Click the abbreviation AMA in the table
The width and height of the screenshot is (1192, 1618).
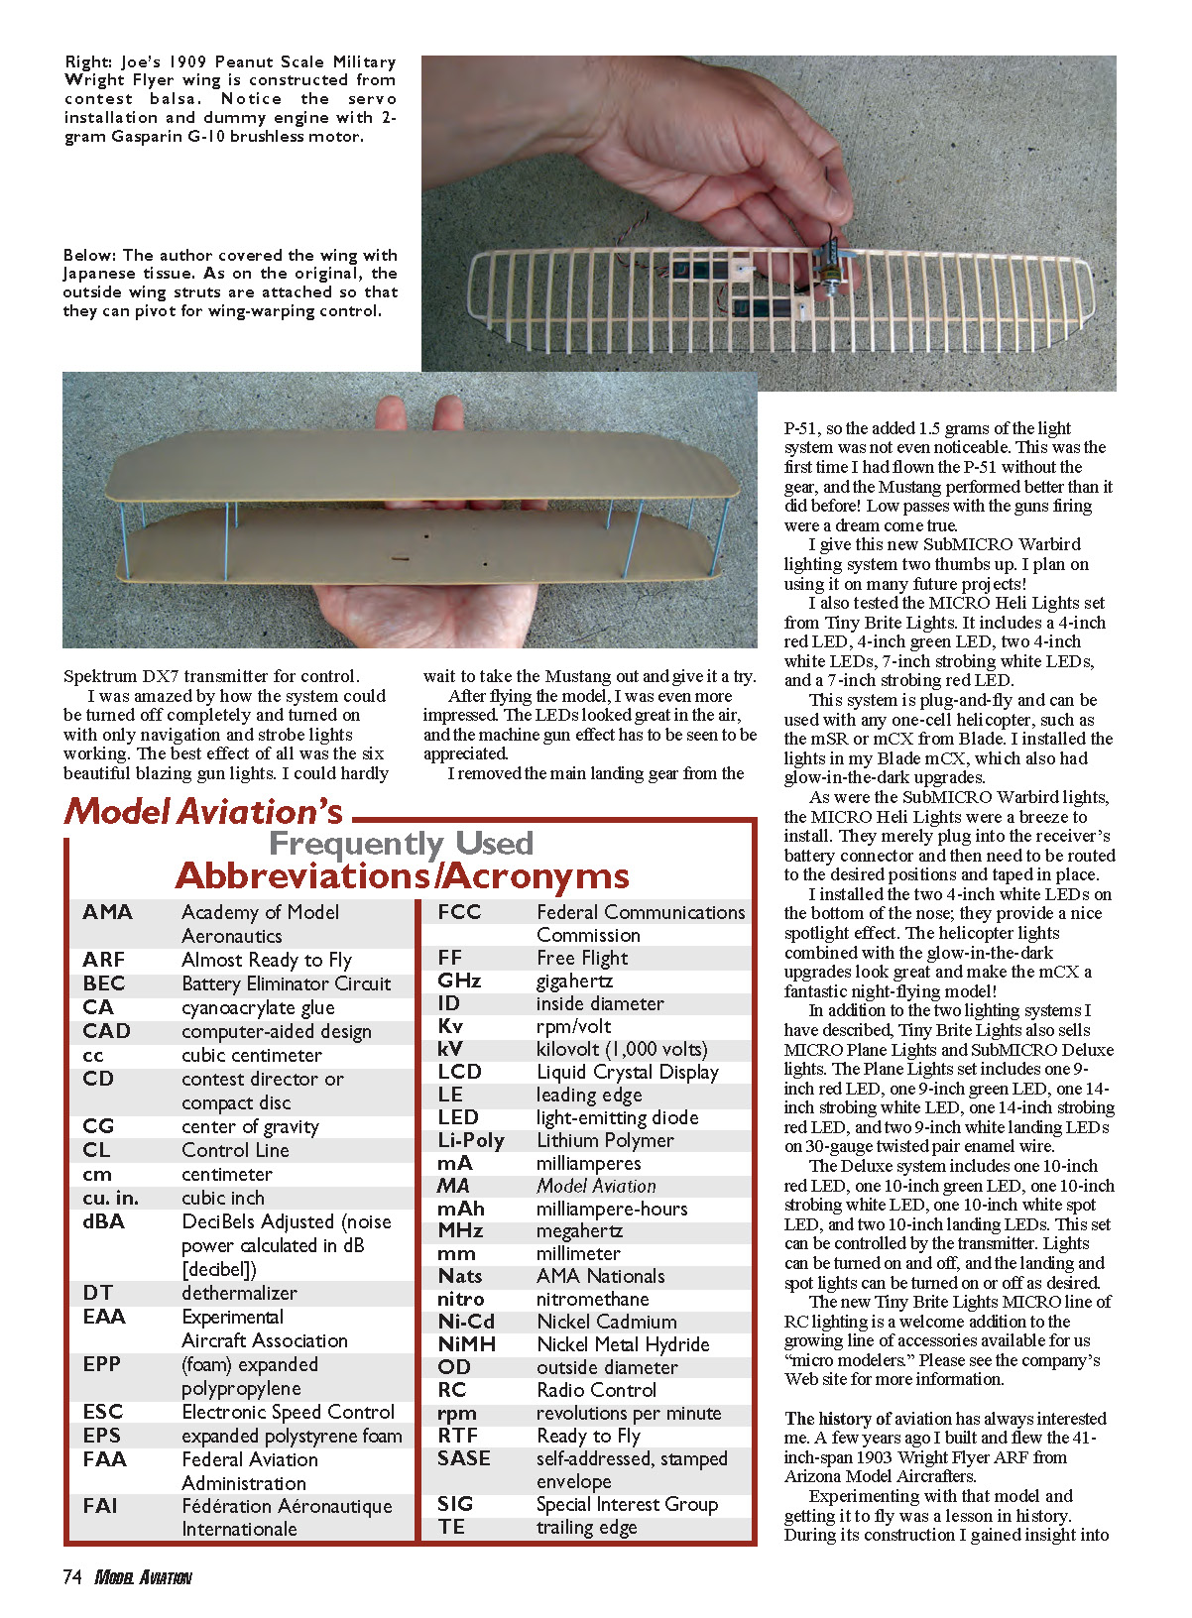coord(107,912)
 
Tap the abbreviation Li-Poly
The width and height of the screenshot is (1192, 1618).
coord(470,1140)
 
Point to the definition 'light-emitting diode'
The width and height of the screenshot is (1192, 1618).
coord(617,1117)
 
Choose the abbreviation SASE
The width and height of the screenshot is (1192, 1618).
coord(463,1458)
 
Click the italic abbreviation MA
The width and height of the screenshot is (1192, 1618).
coord(453,1186)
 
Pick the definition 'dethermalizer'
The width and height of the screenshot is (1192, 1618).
coord(239,1293)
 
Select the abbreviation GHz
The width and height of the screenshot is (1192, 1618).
coord(459,981)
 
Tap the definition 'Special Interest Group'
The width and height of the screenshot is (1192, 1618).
coord(627,1504)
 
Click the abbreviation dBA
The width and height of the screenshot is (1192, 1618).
coord(103,1221)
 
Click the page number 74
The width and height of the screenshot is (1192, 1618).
coord(71,1577)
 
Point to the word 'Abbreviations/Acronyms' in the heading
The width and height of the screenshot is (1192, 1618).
coord(402,876)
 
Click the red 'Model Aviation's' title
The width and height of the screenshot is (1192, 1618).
coord(203,812)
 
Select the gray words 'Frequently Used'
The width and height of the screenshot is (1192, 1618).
coord(401,844)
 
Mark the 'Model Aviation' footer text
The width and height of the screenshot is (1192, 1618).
coord(143,1577)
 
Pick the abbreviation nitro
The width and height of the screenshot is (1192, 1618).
coord(460,1299)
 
